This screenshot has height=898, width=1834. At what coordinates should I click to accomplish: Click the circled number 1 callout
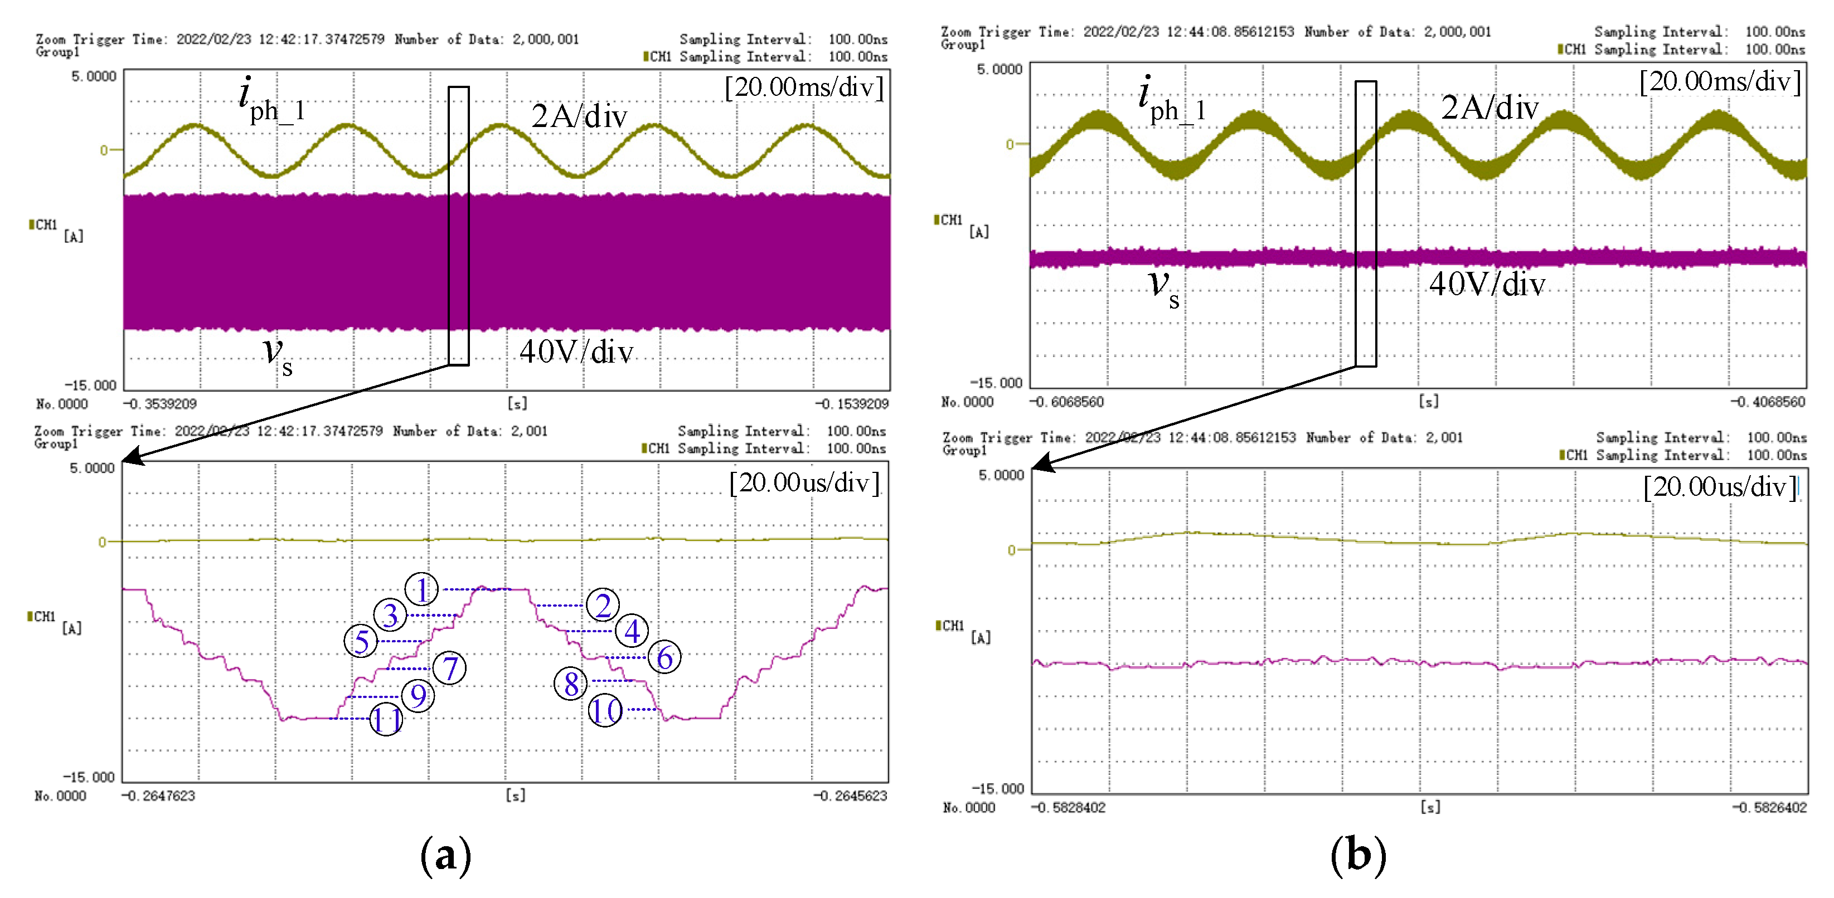coord(421,589)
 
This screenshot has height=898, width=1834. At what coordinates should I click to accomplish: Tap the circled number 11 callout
coord(387,719)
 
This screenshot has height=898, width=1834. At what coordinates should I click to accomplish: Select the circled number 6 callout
coord(664,657)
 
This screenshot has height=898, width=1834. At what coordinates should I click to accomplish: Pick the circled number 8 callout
coord(570,684)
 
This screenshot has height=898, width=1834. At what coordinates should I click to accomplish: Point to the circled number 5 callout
coord(361,641)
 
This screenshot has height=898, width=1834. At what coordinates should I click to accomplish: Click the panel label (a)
coord(446,855)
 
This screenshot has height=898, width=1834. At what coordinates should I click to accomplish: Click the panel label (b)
coord(1358,855)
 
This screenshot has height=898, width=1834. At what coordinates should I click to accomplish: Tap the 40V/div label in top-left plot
coord(576,352)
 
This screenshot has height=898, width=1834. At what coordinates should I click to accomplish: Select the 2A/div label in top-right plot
coord(1489,108)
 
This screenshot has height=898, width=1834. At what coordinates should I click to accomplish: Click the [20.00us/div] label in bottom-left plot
coord(804,483)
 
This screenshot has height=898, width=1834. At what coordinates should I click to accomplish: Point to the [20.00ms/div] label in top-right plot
coord(1719,82)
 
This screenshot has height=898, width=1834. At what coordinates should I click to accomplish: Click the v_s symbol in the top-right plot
coord(1163,287)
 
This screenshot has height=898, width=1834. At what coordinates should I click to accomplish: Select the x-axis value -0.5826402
coord(1768,808)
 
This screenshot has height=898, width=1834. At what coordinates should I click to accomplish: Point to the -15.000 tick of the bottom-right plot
coord(997,788)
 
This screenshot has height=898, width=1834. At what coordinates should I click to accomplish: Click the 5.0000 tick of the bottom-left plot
coord(92,468)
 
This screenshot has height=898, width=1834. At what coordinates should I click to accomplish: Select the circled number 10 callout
coord(605,710)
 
